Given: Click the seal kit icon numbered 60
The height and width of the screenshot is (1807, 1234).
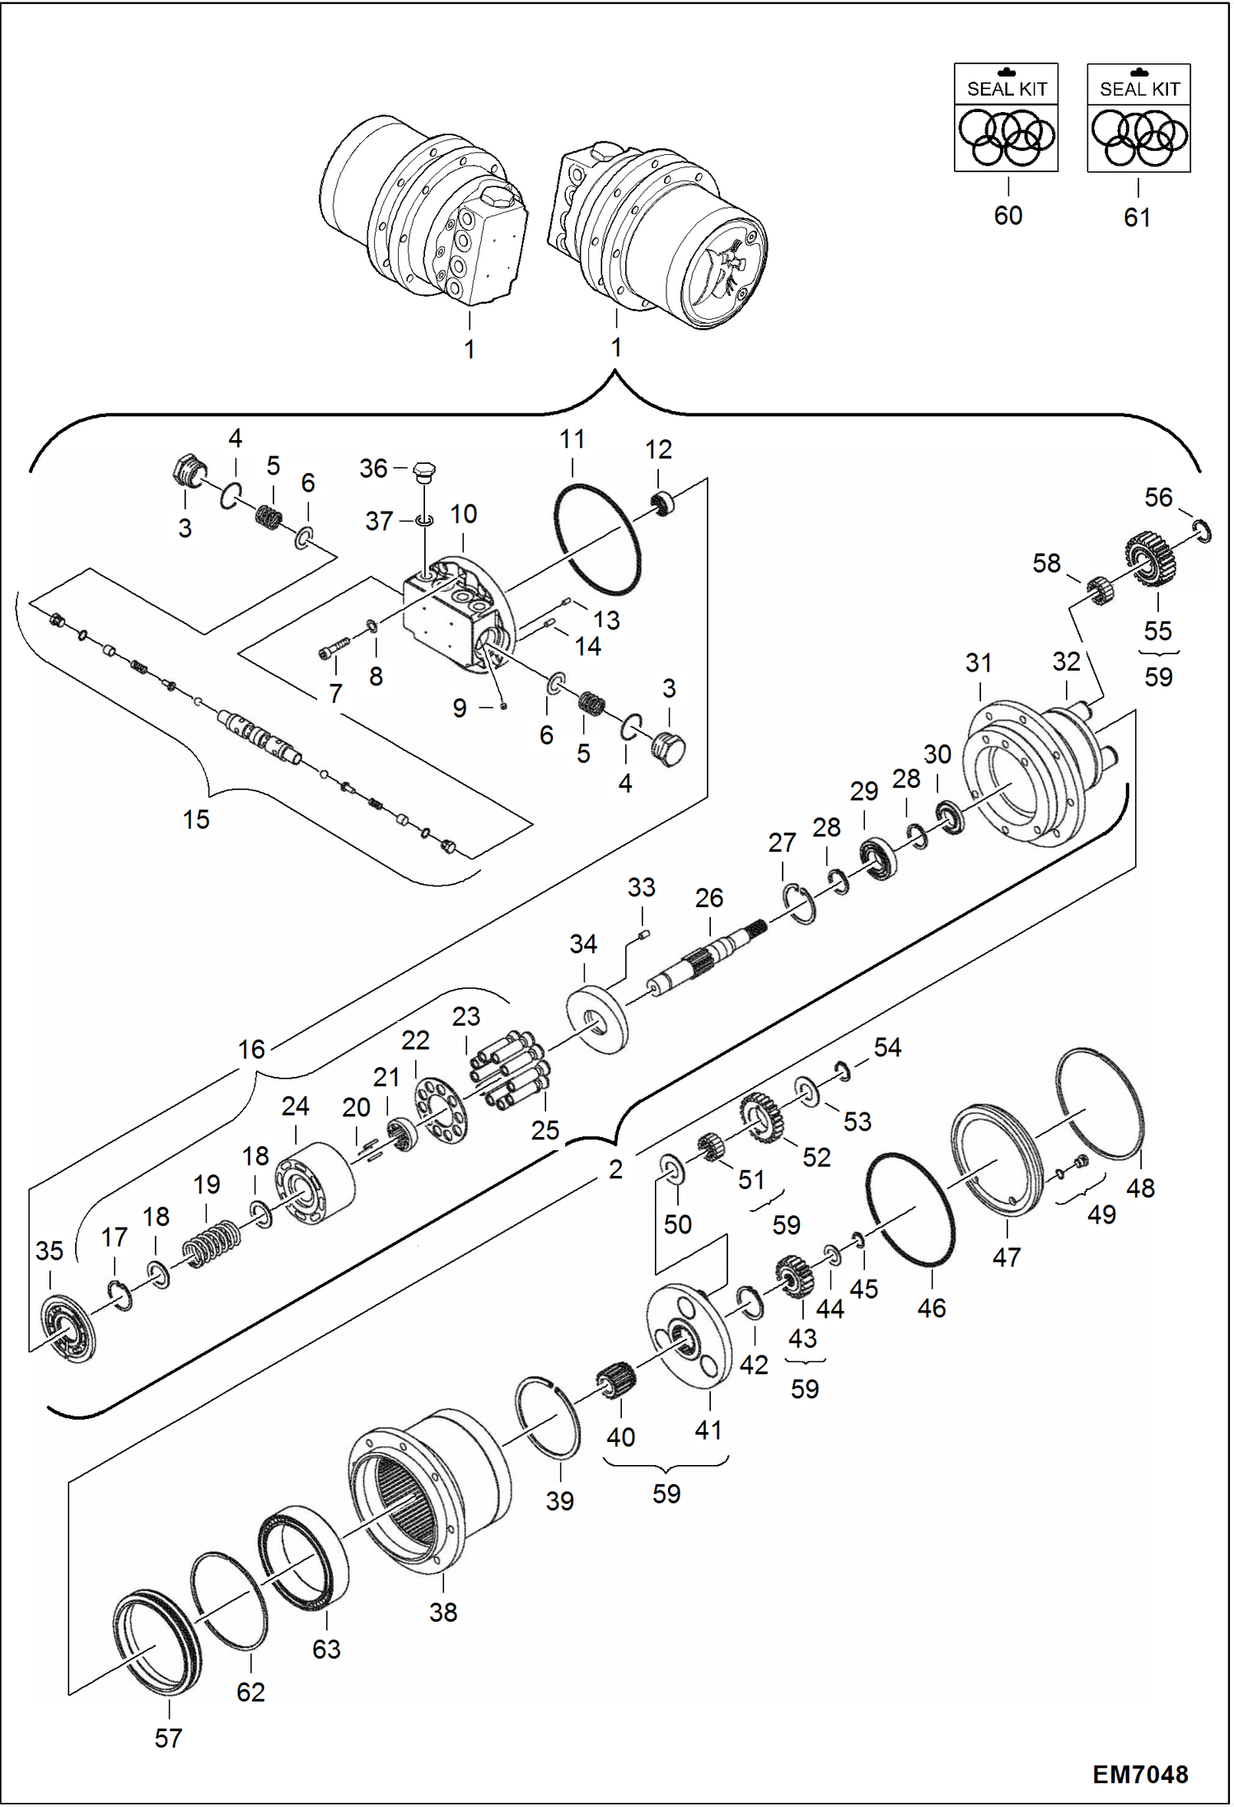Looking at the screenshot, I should point(1006,118).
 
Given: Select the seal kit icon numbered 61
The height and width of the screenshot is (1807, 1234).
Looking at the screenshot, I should point(1138,118).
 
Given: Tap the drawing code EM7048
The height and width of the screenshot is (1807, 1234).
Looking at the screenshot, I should point(1140,1774).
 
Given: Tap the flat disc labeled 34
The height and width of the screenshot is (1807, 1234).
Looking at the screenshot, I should point(596,1018).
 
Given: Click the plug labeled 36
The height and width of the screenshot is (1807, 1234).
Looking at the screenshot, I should point(425,470).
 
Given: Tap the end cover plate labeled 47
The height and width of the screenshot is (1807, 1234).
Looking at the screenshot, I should point(996,1158).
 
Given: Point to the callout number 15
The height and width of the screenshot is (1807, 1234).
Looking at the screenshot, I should point(196,820).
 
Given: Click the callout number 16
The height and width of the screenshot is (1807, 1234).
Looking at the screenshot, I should point(251,1050).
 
